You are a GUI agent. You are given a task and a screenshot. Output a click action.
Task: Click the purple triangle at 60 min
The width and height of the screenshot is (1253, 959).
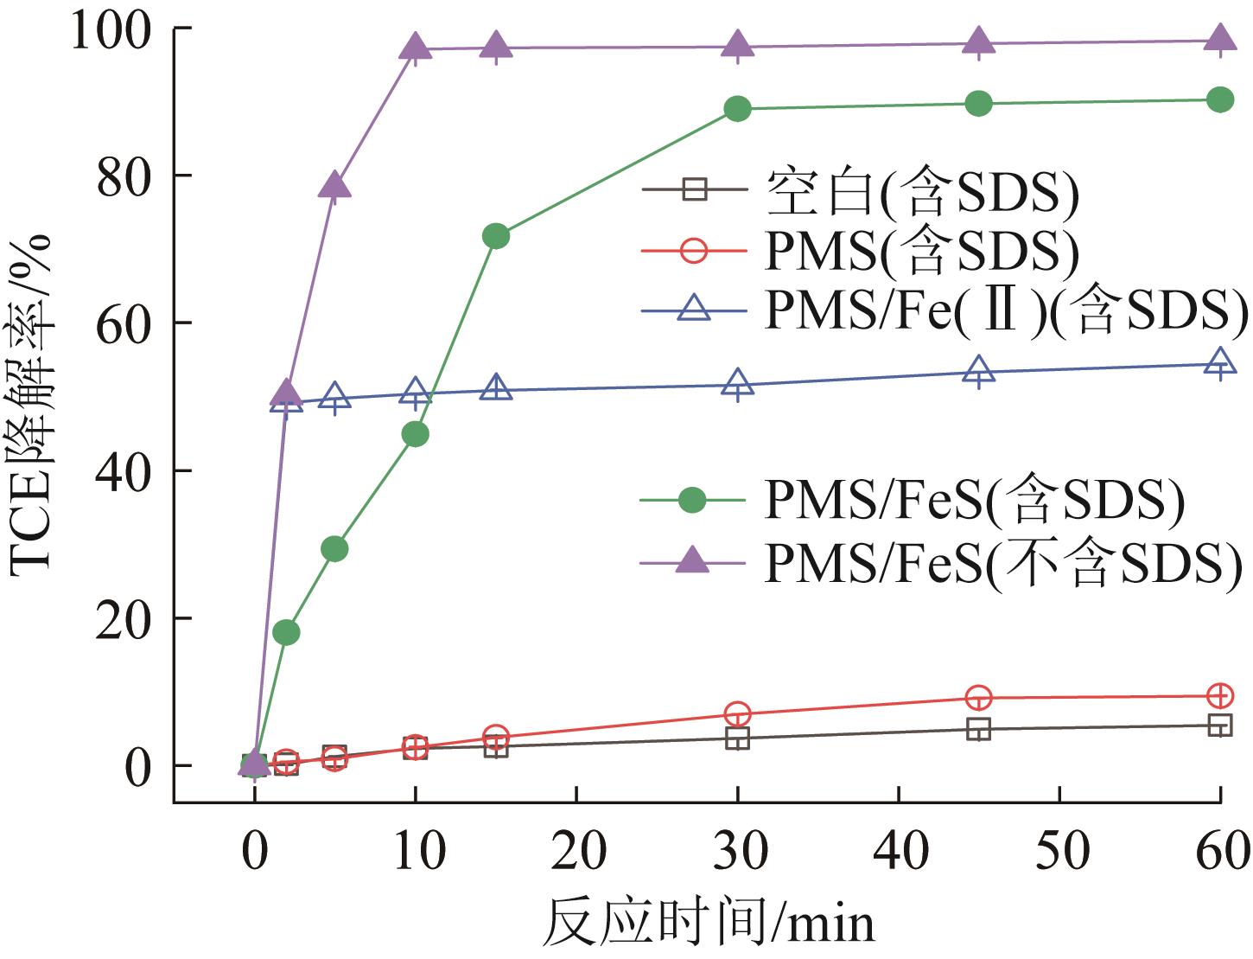pyautogui.click(x=1219, y=39)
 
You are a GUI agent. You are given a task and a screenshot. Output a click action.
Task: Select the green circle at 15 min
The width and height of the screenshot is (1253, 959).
pyautogui.click(x=496, y=236)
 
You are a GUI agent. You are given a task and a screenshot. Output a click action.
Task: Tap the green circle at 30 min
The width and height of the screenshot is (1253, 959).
pyautogui.click(x=737, y=109)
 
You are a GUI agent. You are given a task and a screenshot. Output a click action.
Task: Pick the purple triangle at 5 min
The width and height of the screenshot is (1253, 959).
pyautogui.click(x=334, y=186)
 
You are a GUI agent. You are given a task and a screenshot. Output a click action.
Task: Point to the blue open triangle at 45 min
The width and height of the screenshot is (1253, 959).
pyautogui.click(x=978, y=371)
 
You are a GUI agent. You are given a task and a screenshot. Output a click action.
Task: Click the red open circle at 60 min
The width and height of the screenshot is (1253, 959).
pyautogui.click(x=1219, y=695)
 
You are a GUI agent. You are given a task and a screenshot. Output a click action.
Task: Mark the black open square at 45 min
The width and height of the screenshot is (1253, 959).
pyautogui.click(x=978, y=730)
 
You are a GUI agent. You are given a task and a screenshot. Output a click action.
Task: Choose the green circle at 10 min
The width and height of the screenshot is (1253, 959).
pyautogui.click(x=416, y=434)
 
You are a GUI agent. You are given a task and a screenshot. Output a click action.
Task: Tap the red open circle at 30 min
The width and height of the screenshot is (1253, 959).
pyautogui.click(x=737, y=714)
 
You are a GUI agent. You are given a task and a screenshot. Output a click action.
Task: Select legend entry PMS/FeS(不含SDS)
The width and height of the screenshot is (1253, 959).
pyautogui.click(x=1003, y=565)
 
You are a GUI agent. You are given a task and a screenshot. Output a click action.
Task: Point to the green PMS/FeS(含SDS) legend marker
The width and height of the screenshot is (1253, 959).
pyautogui.click(x=693, y=501)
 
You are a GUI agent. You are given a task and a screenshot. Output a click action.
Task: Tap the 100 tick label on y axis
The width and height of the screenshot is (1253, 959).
pyautogui.click(x=112, y=29)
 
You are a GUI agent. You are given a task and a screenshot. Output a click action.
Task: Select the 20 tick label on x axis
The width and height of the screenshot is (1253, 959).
pyautogui.click(x=576, y=851)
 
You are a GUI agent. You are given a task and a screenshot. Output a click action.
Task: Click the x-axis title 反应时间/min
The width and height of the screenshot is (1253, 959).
pyautogui.click(x=709, y=924)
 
